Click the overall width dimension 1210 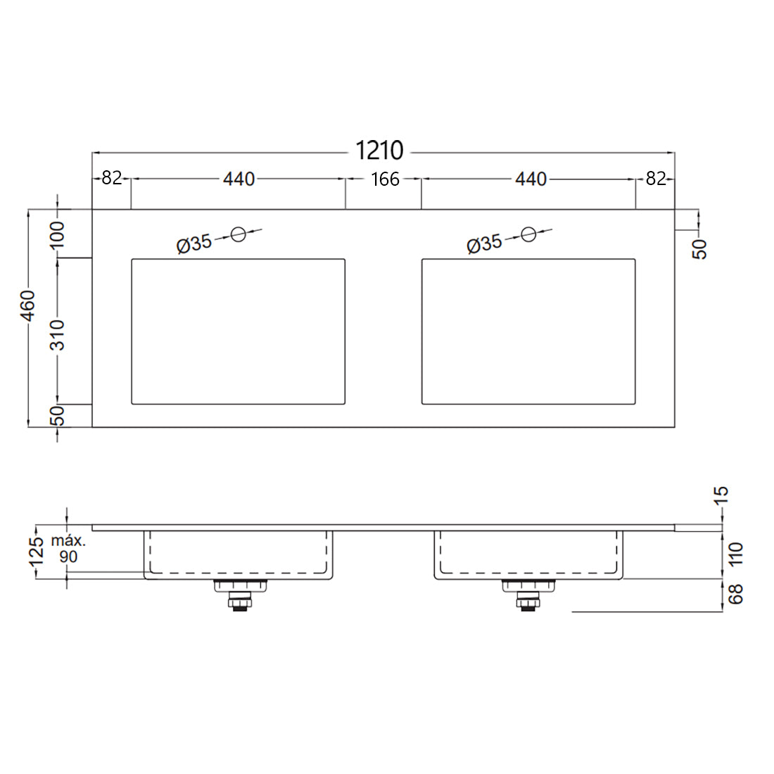380,151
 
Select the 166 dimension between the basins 385,179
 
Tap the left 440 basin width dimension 239,179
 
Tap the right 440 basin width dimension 531,179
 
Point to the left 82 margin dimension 112,179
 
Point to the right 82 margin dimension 655,179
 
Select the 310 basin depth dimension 58,334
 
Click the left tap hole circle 239,234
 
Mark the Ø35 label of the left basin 194,244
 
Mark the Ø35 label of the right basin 485,244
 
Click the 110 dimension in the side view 736,554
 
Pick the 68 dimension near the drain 736,595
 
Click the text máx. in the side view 69,542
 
